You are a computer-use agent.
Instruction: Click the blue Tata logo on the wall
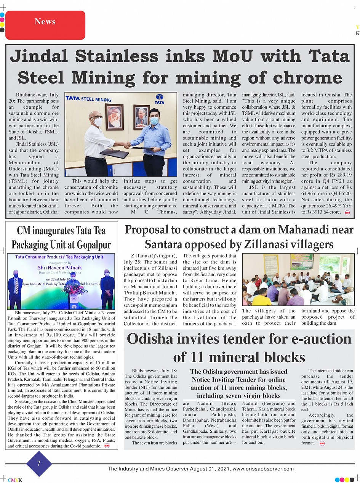159,99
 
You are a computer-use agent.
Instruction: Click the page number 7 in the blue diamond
38,464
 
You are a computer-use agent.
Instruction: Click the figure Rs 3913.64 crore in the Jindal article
321,212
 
